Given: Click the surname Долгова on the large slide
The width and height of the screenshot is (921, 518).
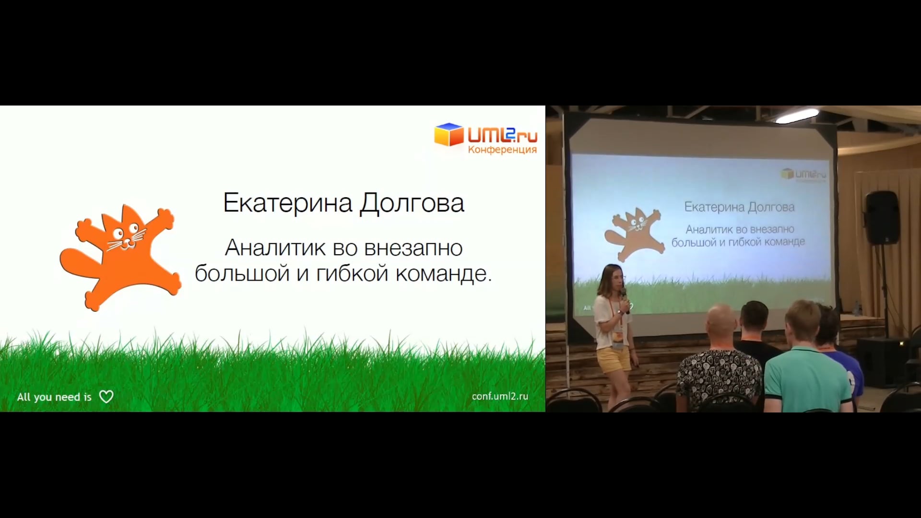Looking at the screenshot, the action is pyautogui.click(x=412, y=204).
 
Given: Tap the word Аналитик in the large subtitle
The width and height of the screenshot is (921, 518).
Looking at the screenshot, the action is pyautogui.click(x=275, y=248).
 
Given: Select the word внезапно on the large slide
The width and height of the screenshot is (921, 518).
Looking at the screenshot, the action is pyautogui.click(x=413, y=248).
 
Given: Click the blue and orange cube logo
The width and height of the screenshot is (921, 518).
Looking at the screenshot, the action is pyautogui.click(x=449, y=134).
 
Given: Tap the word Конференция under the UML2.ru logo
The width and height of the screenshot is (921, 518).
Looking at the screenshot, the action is pyautogui.click(x=502, y=150).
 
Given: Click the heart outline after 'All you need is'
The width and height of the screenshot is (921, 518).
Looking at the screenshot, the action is pyautogui.click(x=106, y=397).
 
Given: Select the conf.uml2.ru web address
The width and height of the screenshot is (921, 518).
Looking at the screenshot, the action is pyautogui.click(x=500, y=396).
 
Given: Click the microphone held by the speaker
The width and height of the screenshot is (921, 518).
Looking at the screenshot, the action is pyautogui.click(x=625, y=300).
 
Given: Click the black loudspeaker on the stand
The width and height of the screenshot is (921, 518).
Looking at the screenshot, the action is pyautogui.click(x=882, y=217).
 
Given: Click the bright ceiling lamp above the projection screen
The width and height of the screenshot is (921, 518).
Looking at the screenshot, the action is pyautogui.click(x=797, y=116).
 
